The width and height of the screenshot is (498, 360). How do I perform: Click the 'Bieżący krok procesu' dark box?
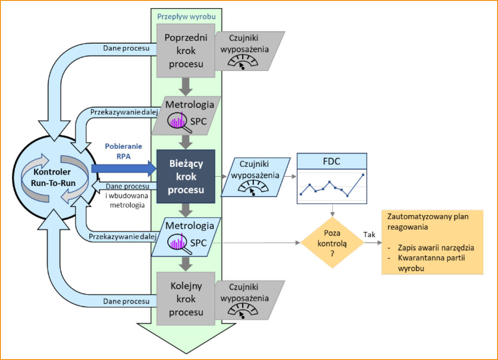point(186,176)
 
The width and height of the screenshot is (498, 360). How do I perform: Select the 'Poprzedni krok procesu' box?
point(186,50)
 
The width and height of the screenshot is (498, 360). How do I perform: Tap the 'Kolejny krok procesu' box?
point(186,298)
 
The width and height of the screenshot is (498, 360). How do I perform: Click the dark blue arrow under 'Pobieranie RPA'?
point(122,168)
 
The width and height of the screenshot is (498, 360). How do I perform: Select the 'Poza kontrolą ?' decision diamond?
point(332,242)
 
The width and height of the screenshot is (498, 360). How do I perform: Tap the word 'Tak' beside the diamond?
point(370,234)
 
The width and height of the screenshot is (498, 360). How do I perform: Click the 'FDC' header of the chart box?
point(332,162)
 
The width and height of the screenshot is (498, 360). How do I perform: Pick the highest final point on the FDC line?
point(363,174)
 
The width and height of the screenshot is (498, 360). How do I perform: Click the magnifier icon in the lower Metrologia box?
point(177,243)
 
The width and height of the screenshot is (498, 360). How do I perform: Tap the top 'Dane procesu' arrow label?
point(127,48)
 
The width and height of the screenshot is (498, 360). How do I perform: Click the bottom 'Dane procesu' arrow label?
point(127,301)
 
